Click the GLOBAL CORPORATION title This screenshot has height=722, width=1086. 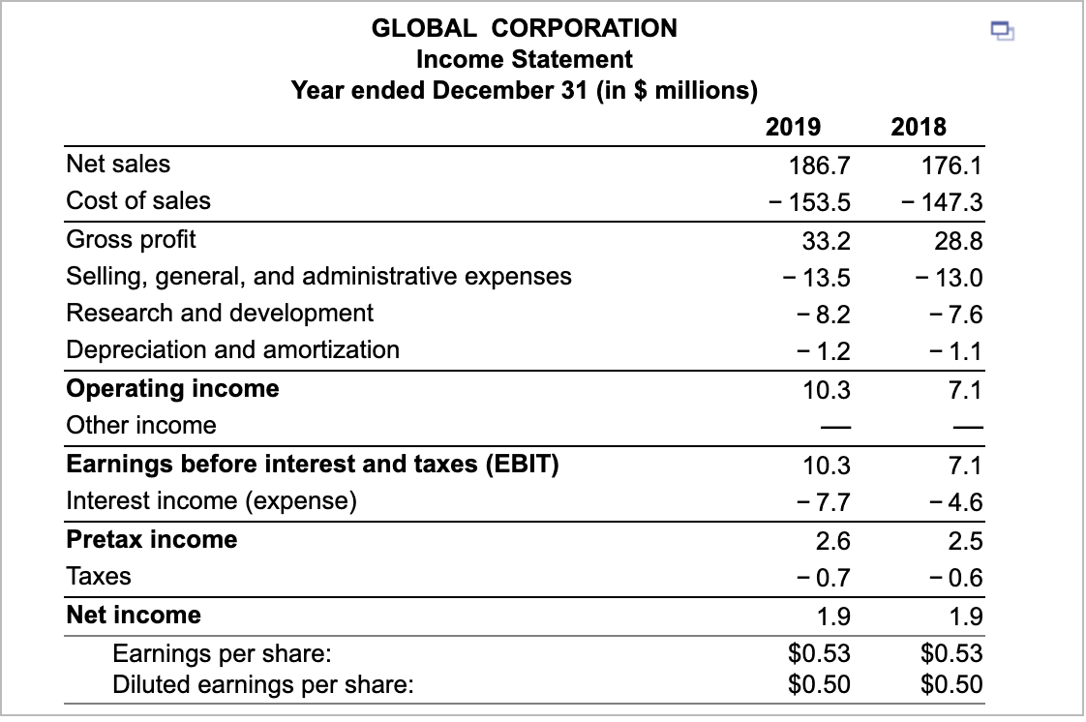525,28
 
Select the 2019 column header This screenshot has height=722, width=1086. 793,126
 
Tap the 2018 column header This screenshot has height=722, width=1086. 919,126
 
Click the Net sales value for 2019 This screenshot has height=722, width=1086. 821,165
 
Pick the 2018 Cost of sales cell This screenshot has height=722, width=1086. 941,202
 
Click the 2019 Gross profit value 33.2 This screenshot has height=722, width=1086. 828,239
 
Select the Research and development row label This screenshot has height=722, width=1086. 220,313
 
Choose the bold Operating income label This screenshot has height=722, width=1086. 172,388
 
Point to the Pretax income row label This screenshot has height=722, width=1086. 152,539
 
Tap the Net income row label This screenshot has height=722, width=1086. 134,615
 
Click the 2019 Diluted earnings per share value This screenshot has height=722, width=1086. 820,685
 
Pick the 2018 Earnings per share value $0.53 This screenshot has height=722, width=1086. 951,652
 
